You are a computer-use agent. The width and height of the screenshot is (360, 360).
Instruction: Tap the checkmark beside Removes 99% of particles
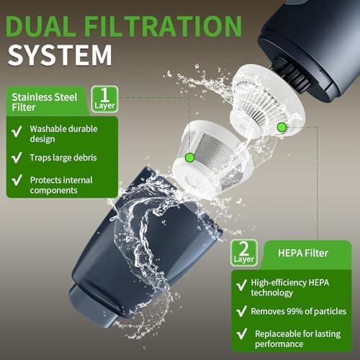243,312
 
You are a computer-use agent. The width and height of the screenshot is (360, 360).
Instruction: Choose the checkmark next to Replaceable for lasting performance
243,334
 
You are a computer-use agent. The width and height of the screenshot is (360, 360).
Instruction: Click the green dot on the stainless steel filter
189,157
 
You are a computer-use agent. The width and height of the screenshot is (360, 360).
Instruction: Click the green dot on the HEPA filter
282,127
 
